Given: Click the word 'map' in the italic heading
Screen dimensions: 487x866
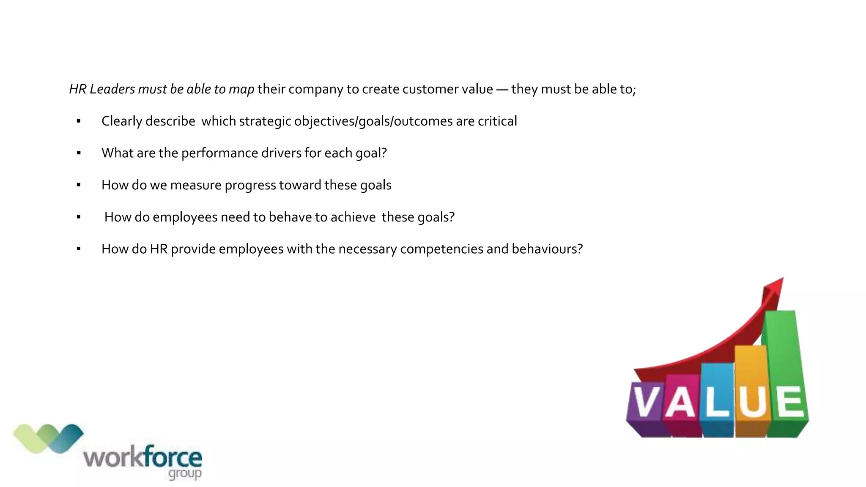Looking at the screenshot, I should [x=241, y=90].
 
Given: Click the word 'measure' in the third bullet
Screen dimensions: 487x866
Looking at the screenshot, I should [x=196, y=185].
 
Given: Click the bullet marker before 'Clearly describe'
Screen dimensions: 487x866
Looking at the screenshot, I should [x=79, y=122].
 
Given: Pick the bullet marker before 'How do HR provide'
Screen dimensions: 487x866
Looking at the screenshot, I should [x=79, y=249].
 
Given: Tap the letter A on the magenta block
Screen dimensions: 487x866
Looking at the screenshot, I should [x=680, y=402].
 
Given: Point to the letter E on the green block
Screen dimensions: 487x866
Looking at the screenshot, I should [x=789, y=402].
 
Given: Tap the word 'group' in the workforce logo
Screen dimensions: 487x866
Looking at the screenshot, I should [x=185, y=473].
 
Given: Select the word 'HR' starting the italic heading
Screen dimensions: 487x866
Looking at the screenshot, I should [x=78, y=89].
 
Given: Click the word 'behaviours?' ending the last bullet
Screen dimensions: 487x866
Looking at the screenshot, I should [x=547, y=249].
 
